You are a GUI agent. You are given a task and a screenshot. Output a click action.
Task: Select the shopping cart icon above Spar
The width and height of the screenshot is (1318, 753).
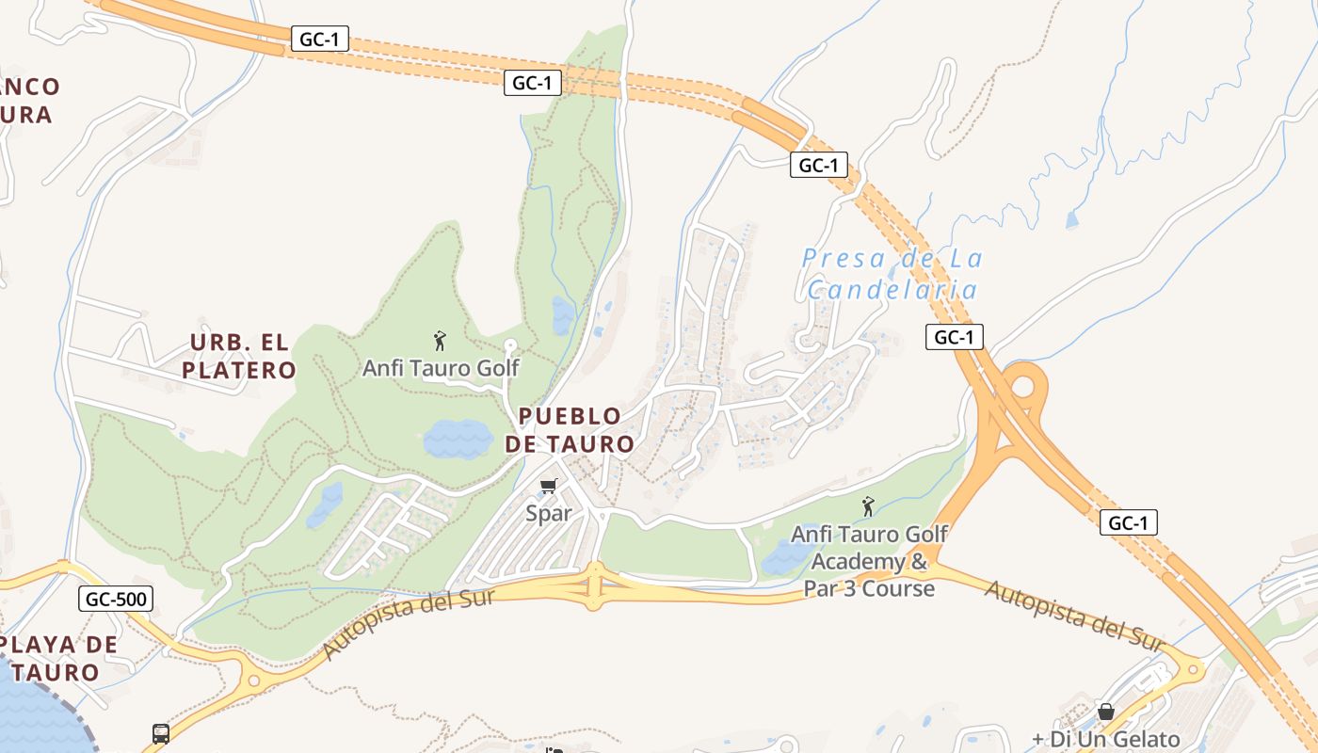[x=549, y=487]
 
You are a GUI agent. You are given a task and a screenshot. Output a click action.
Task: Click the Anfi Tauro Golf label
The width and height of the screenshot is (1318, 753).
[x=441, y=367]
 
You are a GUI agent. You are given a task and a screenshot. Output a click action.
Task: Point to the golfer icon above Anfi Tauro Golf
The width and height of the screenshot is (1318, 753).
[x=439, y=341]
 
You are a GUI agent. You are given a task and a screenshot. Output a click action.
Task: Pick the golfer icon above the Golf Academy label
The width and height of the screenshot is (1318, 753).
[x=868, y=507]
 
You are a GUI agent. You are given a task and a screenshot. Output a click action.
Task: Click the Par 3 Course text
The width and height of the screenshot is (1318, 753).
[x=869, y=589]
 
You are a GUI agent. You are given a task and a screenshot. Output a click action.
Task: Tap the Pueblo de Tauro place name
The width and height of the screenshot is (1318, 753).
[x=570, y=429]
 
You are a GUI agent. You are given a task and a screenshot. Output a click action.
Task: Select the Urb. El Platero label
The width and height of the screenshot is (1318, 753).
[x=239, y=356]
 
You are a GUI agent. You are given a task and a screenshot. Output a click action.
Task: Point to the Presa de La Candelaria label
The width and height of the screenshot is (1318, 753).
[x=892, y=273]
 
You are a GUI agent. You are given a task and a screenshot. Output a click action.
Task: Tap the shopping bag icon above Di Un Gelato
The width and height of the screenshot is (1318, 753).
[x=1106, y=713]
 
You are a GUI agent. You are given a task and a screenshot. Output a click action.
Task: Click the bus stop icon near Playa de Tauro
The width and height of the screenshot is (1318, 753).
[x=161, y=733]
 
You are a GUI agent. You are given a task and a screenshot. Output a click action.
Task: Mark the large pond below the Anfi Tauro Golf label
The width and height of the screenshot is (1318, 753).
[x=458, y=439]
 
